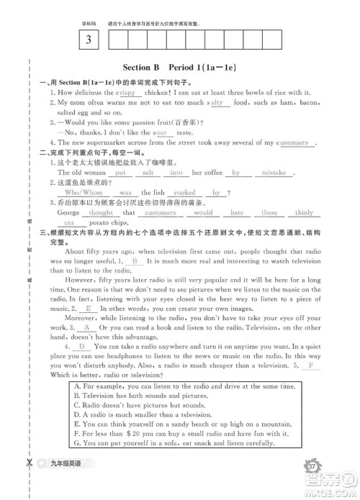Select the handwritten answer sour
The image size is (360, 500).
[161, 133]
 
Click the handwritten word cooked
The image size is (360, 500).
[184, 193]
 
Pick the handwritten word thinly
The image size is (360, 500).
[304, 213]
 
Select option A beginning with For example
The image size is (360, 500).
[185, 386]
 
